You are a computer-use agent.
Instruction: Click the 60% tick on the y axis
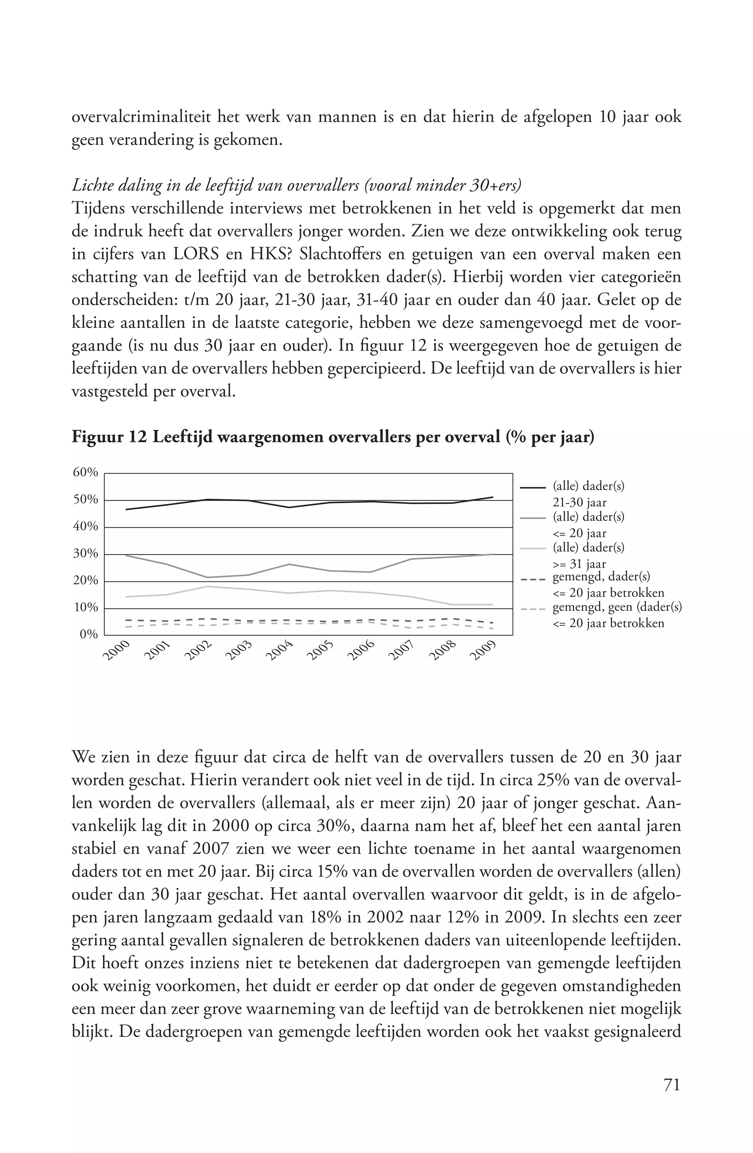[x=86, y=472]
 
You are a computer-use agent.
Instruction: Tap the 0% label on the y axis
[x=89, y=634]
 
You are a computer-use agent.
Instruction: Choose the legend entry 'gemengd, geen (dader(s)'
[x=616, y=608]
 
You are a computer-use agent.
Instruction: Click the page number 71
[x=672, y=1085]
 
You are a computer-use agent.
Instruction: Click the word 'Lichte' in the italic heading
[x=90, y=186]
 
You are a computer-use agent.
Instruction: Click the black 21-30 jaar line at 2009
[x=493, y=497]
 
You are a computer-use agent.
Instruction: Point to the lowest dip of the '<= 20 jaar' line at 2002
[x=208, y=577]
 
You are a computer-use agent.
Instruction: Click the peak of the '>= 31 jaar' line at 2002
[x=208, y=586]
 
